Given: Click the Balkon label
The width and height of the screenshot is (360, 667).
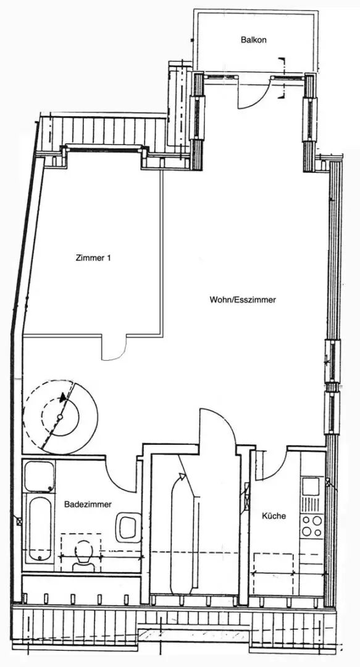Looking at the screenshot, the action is [254, 40].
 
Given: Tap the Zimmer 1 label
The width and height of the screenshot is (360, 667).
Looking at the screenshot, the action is [93, 258].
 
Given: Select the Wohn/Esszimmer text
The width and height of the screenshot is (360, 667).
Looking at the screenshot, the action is [243, 300].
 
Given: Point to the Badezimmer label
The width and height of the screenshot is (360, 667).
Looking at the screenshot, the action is [88, 504].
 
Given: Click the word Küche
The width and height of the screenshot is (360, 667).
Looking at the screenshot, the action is [274, 516].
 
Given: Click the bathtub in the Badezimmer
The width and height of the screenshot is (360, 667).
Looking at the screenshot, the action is [39, 529].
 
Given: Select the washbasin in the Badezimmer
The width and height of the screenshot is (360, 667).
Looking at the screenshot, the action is [128, 527].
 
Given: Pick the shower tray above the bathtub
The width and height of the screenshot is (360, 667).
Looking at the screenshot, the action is [39, 476].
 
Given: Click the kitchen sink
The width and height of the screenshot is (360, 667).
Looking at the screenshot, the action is [311, 486].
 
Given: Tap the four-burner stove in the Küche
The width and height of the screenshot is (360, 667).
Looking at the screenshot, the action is [312, 526].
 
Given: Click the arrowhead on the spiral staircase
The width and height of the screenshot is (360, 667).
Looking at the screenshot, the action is [63, 397].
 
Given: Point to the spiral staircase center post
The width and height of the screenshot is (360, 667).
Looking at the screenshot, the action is [60, 417].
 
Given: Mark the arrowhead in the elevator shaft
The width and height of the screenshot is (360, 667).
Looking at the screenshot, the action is [182, 477].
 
